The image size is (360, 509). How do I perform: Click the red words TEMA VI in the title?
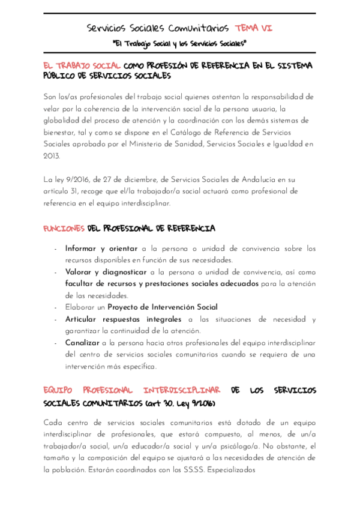click(x=254, y=28)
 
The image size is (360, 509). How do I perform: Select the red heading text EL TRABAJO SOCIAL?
click(x=82, y=65)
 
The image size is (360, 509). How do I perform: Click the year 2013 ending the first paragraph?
click(x=52, y=155)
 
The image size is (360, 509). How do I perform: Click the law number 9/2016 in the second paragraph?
click(x=73, y=179)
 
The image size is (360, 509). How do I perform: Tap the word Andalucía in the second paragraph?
click(x=262, y=179)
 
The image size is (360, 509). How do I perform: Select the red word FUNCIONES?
click(x=64, y=229)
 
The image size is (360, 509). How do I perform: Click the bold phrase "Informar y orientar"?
click(x=101, y=248)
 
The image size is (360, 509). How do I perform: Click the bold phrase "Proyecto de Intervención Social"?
click(x=163, y=307)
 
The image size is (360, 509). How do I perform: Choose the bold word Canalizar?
click(x=82, y=343)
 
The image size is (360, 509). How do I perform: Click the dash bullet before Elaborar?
click(x=55, y=307)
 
